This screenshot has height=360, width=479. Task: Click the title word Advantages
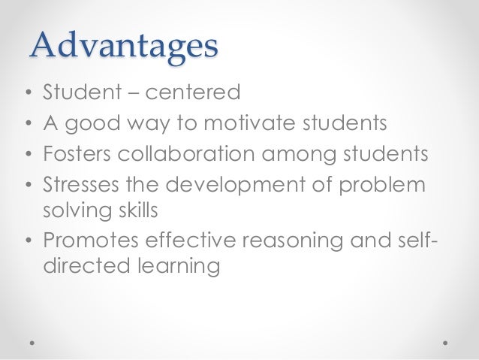(x=124, y=47)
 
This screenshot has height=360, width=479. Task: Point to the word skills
(x=138, y=210)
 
